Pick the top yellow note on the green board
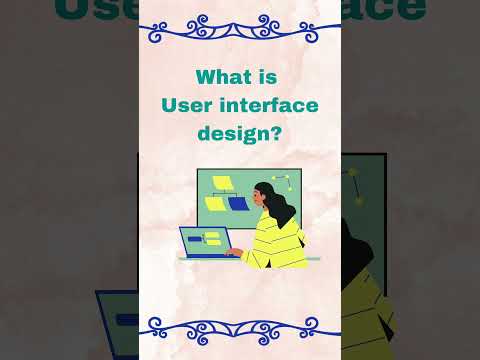tap(223, 184)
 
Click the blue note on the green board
tap(238, 203)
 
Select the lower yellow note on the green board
tap(215, 202)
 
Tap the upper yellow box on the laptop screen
tap(212, 235)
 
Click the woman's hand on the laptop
tap(233, 251)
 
